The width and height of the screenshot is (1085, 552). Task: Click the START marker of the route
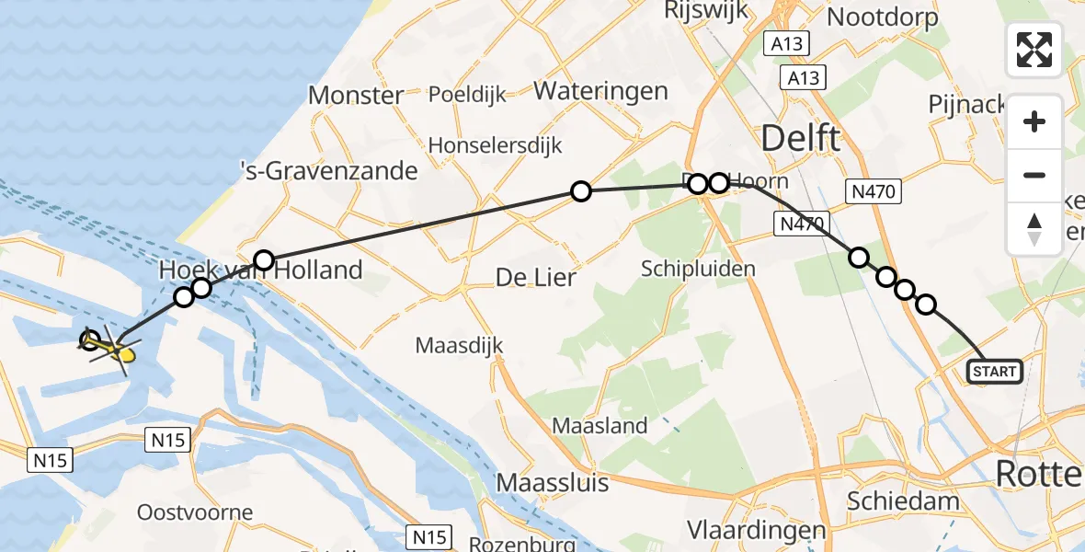[x=994, y=371]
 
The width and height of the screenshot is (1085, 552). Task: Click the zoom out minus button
[x=1034, y=175]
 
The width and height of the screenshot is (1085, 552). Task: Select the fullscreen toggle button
[x=1034, y=50]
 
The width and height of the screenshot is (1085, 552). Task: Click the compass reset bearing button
[x=1034, y=228]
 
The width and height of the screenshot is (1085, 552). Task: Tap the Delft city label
[x=799, y=139]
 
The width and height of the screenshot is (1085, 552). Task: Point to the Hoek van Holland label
[x=260, y=270]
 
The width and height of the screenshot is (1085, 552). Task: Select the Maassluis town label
[x=552, y=482]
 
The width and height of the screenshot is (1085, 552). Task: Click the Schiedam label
[x=904, y=501]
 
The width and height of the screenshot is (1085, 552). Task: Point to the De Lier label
[x=535, y=276]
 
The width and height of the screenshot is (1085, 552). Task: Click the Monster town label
[x=355, y=95]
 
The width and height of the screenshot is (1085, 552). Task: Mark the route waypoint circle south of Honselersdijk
[x=580, y=191]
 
